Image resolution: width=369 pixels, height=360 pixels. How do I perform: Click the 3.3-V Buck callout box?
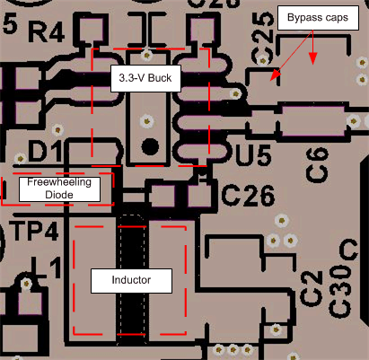(145, 78)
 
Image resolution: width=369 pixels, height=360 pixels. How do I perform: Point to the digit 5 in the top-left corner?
(10, 23)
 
